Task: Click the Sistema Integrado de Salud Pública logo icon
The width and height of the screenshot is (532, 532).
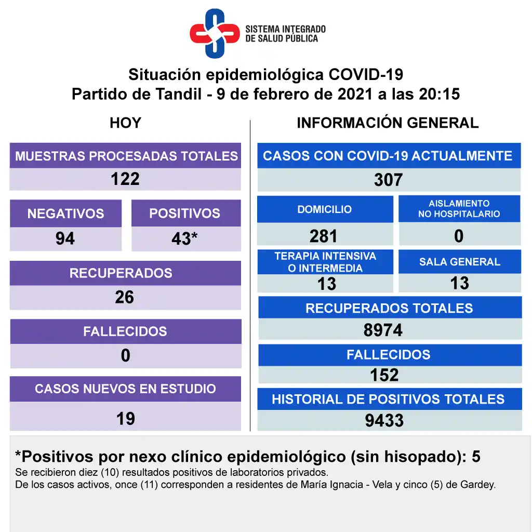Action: pyautogui.click(x=215, y=33)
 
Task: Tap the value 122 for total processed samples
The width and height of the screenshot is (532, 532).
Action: pyautogui.click(x=125, y=179)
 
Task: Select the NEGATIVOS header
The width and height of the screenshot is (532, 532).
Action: pyautogui.click(x=65, y=214)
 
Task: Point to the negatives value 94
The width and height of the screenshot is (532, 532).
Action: pyautogui.click(x=65, y=238)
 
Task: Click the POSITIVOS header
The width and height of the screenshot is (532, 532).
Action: pyautogui.click(x=184, y=214)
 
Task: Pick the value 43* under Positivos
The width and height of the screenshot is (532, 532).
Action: pyautogui.click(x=184, y=238)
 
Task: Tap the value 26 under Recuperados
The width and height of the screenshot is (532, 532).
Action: pyautogui.click(x=125, y=297)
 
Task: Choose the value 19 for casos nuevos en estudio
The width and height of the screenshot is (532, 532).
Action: pyautogui.click(x=125, y=418)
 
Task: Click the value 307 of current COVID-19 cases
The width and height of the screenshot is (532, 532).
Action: pyautogui.click(x=388, y=180)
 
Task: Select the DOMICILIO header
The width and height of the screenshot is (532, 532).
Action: pyautogui.click(x=325, y=209)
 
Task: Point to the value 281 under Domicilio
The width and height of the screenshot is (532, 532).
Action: pyautogui.click(x=324, y=236)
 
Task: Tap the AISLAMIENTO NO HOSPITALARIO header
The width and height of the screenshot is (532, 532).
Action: pyautogui.click(x=459, y=209)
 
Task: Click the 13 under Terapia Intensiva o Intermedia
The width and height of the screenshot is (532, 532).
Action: pyautogui.click(x=327, y=284)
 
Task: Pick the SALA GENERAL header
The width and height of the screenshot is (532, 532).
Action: pyautogui.click(x=460, y=262)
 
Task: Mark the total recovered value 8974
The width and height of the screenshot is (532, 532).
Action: pyautogui.click(x=383, y=330)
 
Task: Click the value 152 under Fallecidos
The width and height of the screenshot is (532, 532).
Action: pyautogui.click(x=384, y=375)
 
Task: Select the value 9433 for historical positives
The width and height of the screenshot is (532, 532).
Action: pyautogui.click(x=384, y=420)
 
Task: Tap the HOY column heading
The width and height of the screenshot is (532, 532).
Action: pyautogui.click(x=125, y=123)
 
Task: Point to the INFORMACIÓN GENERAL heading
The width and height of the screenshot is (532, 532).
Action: pyautogui.click(x=388, y=123)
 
